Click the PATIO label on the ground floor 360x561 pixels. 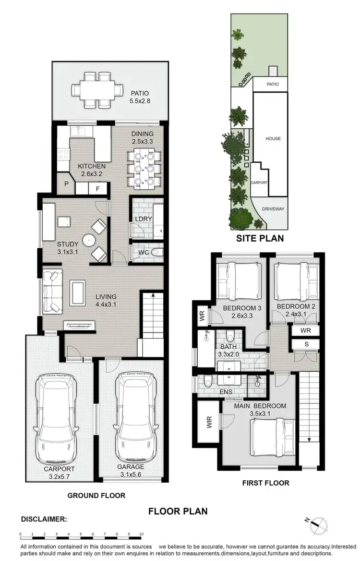tap(139, 93)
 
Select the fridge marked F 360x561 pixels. tap(97, 189)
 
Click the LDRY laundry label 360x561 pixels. tap(143, 219)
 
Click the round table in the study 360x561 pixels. tap(89, 239)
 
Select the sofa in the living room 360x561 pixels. tap(52, 291)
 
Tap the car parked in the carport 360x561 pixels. tap(58, 416)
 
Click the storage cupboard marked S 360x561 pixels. tap(306, 344)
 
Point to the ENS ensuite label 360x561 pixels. tap(226, 392)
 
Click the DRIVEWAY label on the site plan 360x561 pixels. tap(273, 209)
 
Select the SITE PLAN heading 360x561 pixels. tap(259, 238)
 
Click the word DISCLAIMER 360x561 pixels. tap(44, 519)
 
